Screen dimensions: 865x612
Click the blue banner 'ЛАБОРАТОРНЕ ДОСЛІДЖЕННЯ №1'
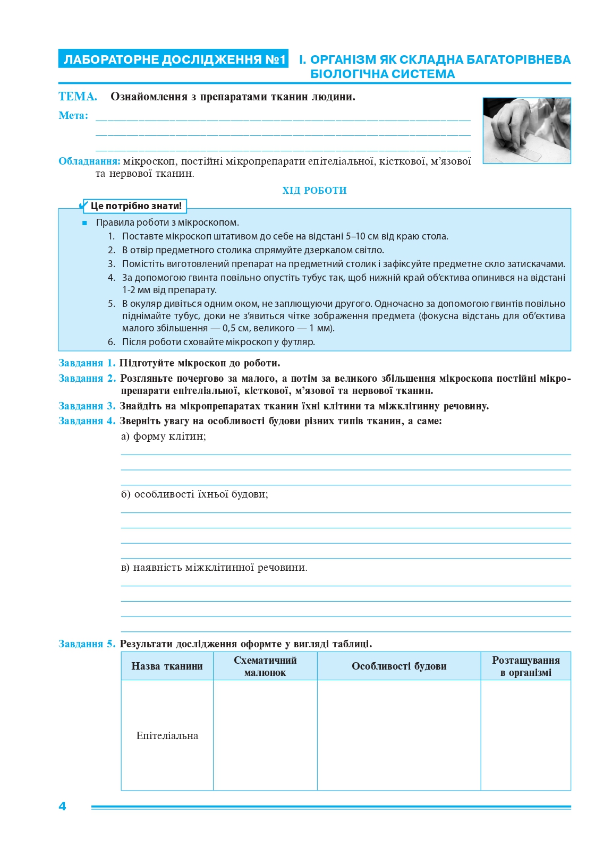coord(173,59)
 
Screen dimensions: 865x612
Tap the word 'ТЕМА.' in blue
coord(78,97)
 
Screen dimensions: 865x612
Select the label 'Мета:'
coord(73,116)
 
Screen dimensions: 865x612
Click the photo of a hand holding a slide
coord(526,131)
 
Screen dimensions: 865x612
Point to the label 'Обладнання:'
coord(89,161)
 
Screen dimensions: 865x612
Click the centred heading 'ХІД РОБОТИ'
coord(314,191)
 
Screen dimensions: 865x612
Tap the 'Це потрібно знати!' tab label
coord(136,206)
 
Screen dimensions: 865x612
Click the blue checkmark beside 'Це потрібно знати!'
coord(83,205)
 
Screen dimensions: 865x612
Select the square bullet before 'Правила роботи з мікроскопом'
coord(84,223)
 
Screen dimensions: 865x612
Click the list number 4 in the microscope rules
coord(111,278)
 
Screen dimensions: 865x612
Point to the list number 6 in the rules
coord(111,342)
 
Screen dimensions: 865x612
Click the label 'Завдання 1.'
coord(87,363)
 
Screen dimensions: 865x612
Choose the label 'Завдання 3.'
coord(87,406)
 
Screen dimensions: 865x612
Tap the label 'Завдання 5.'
coord(87,644)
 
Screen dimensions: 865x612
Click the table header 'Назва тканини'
coord(167,666)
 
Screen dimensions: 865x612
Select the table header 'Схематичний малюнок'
coord(265,666)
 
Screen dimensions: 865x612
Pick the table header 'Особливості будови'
coord(399,666)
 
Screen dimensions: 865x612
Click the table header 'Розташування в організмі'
coord(525,666)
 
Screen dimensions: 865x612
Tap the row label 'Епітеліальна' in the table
coord(167,736)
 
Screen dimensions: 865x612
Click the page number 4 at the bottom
coord(62,806)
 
